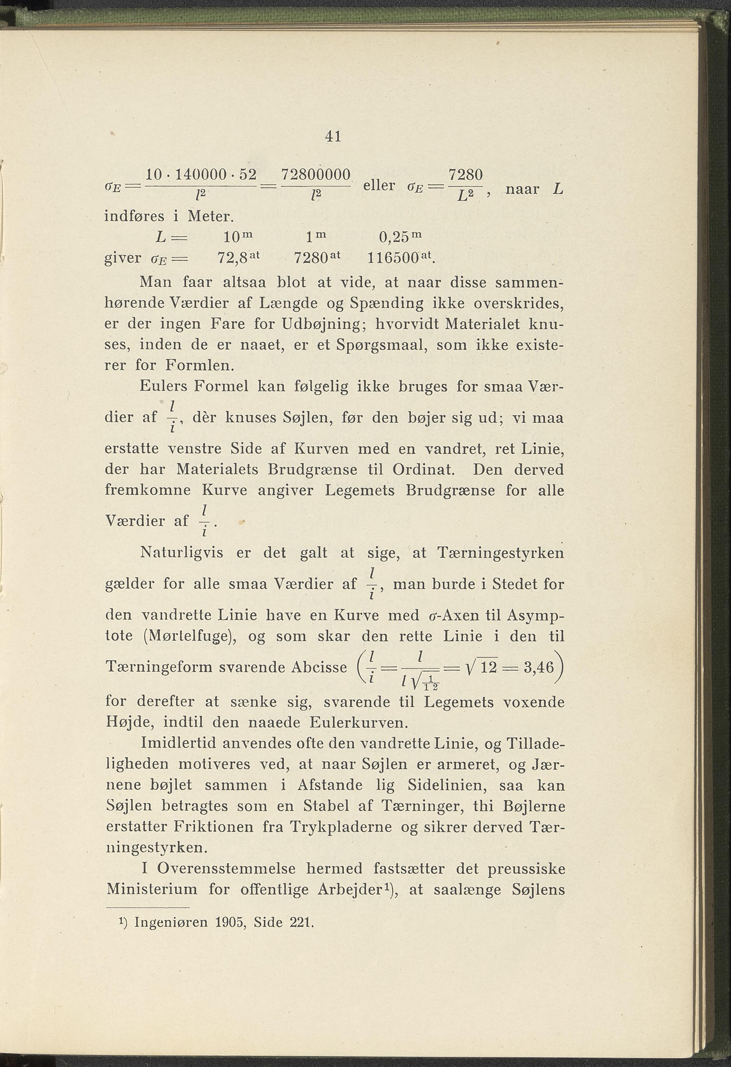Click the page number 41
[332, 136]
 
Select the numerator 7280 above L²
[465, 175]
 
